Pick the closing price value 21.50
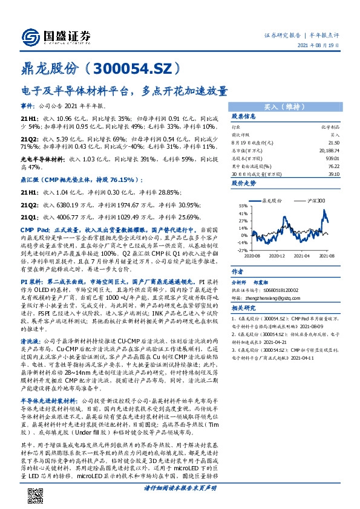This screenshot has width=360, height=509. [x=332, y=141]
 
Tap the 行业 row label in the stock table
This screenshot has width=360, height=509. [x=235, y=127]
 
